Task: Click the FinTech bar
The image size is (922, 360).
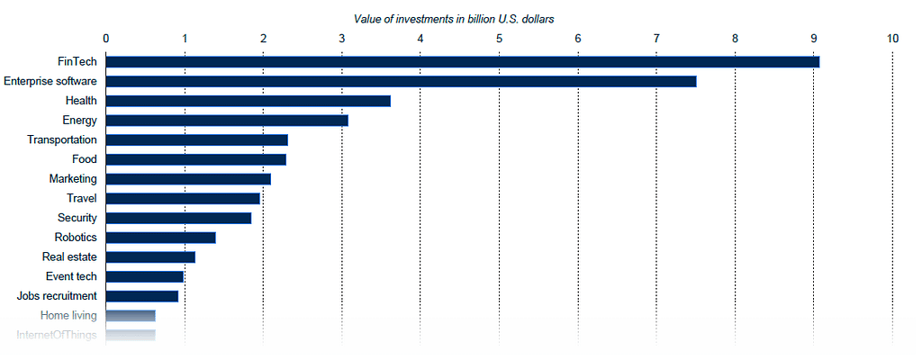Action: click(462, 61)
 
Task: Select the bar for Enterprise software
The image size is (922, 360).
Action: click(401, 81)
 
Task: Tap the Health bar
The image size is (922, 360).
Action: click(248, 101)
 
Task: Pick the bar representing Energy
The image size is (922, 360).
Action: click(227, 121)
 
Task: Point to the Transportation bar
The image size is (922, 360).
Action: click(196, 140)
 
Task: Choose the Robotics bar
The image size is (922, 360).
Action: click(160, 238)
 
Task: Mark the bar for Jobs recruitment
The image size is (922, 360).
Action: click(141, 296)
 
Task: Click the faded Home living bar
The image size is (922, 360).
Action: click(131, 316)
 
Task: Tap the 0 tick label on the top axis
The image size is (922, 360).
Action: click(106, 38)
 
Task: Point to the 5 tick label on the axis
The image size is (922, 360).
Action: click(499, 38)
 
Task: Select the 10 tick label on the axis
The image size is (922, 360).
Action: click(892, 38)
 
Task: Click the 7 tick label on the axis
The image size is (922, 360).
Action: click(656, 38)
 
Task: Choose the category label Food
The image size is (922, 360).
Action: click(85, 159)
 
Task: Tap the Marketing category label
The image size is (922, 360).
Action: click(73, 179)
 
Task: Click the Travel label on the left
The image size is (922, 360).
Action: click(82, 198)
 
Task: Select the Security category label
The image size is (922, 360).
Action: click(77, 218)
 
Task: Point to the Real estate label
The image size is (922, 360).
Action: click(70, 256)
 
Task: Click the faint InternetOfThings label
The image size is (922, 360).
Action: click(57, 336)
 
